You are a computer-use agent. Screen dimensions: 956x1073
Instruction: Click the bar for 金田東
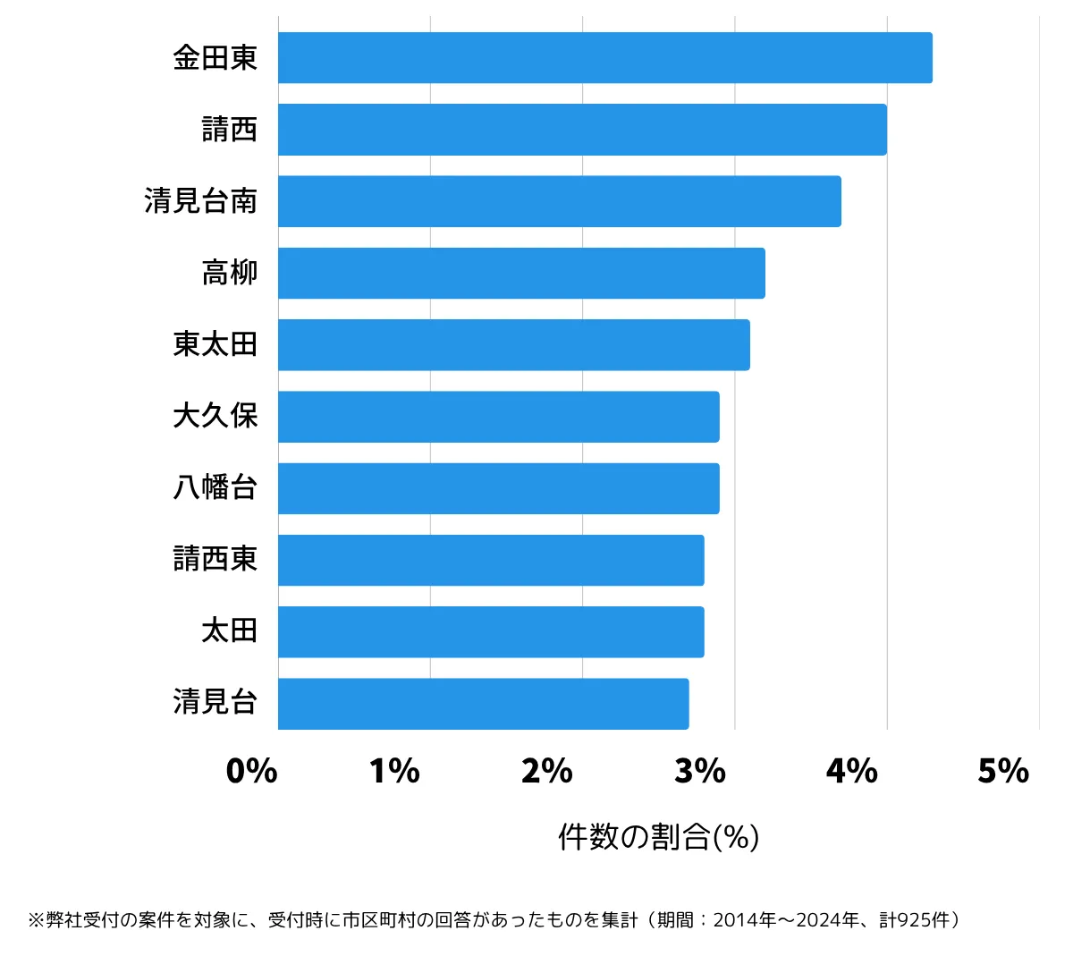(604, 58)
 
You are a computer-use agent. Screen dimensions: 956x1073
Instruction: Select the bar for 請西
(582, 130)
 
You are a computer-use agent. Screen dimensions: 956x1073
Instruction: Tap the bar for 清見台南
(559, 201)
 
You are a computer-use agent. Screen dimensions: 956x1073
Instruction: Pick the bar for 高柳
(521, 273)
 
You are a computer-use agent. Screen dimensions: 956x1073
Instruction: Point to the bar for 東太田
(513, 345)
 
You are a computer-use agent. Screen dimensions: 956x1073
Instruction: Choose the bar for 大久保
(498, 417)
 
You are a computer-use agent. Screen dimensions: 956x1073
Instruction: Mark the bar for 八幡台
(498, 488)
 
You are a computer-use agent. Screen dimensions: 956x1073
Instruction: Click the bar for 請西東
(491, 560)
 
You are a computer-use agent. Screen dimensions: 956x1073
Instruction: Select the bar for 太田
(491, 632)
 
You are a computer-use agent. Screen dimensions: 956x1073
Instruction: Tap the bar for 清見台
(483, 704)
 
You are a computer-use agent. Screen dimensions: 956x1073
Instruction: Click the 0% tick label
(251, 771)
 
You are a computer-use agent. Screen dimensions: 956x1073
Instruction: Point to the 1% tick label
(394, 771)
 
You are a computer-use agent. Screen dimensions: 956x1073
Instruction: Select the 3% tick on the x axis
(699, 771)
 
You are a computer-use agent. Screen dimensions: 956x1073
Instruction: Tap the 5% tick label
(1003, 771)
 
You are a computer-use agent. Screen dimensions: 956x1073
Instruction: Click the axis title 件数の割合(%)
(659, 837)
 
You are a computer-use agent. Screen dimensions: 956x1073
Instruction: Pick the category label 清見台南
(201, 201)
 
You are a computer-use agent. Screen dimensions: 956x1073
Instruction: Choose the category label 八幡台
(215, 487)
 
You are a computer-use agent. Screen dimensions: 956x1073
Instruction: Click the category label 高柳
(230, 273)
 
